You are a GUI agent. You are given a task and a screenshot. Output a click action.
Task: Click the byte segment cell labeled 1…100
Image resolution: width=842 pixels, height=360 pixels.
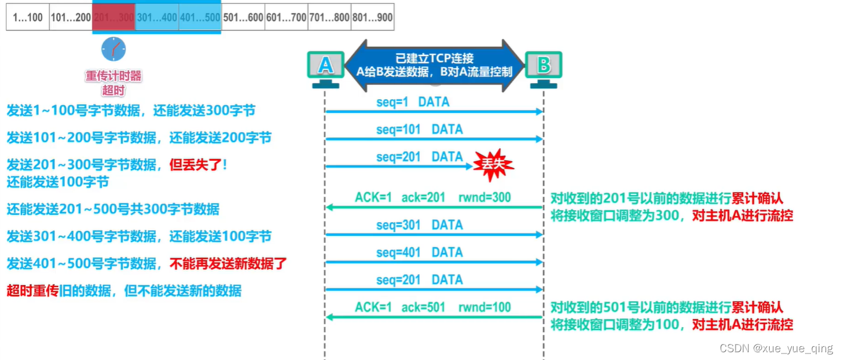pos(27,18)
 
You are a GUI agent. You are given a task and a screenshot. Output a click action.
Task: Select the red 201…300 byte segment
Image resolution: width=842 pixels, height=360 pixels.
pos(114,18)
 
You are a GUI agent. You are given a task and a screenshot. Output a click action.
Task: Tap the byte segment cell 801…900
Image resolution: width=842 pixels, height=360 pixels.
pos(373,18)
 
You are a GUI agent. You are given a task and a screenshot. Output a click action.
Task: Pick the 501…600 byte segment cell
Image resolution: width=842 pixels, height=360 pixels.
pos(243,18)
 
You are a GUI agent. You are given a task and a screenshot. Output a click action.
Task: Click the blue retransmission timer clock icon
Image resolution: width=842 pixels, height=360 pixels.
pos(113,49)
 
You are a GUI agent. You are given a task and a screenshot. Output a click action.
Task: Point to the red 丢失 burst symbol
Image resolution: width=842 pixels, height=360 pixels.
pos(493,164)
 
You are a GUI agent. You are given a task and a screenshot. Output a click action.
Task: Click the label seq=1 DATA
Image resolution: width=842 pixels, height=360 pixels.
pos(413,102)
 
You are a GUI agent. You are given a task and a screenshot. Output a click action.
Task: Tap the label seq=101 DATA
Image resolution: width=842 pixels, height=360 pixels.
pos(419,130)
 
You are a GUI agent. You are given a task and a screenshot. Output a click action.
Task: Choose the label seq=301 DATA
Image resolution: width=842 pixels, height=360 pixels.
pos(419,225)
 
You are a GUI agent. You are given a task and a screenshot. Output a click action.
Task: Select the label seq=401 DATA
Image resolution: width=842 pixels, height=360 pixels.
pos(419,253)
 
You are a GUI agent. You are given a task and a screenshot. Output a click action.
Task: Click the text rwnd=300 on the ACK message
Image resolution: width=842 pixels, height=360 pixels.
pos(484,198)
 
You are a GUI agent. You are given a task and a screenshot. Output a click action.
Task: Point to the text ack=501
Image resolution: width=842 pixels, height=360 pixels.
pos(423,307)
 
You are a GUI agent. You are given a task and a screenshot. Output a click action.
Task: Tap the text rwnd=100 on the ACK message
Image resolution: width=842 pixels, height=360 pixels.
pos(484,307)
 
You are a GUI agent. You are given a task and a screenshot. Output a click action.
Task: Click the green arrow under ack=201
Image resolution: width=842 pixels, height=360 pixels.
pos(434,208)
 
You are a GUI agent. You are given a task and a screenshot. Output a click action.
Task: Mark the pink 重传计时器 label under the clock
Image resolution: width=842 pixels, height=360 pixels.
pos(113,76)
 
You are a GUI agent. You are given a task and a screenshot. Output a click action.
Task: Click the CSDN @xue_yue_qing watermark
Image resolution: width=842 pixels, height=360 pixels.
pos(776,349)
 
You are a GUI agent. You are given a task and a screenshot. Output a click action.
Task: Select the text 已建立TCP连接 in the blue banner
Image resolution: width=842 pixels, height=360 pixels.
pos(434,59)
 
